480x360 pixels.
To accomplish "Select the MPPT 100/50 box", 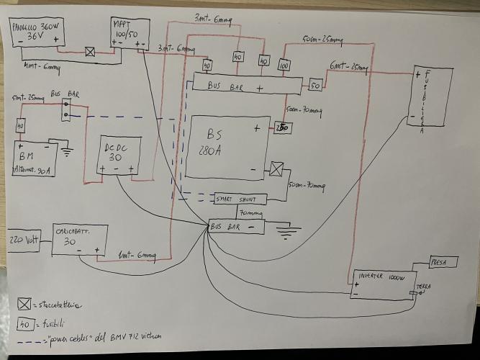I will pyautogui.click(x=130, y=32).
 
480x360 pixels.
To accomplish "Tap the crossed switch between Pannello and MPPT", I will pyautogui.click(x=91, y=52).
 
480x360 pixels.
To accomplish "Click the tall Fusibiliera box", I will pyautogui.click(x=432, y=104).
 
